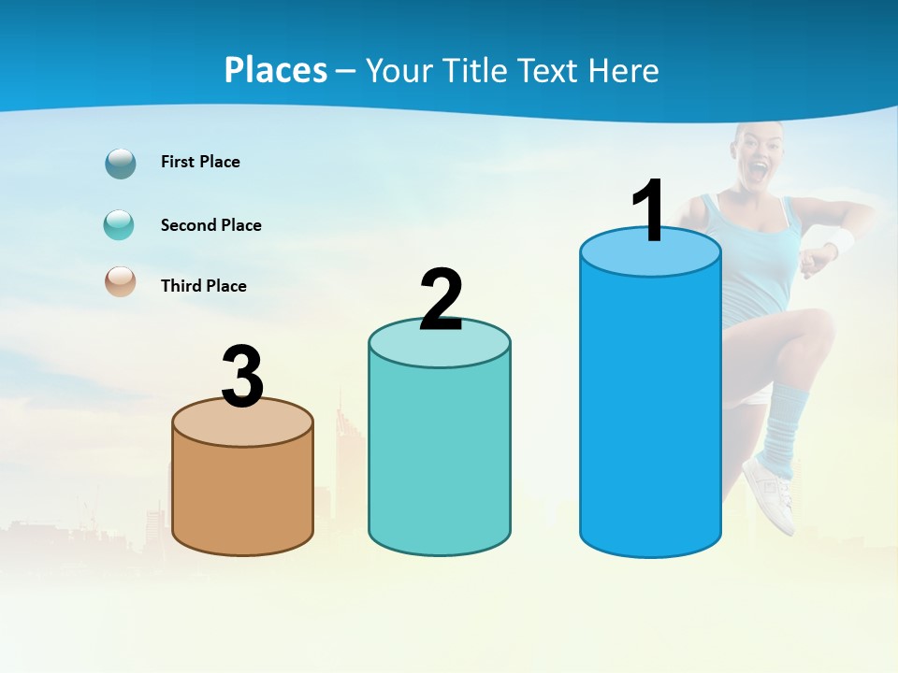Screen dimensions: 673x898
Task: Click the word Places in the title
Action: point(276,70)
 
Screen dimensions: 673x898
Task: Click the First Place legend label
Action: point(200,162)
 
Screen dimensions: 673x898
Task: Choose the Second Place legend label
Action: point(210,225)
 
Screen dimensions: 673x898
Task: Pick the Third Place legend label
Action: point(203,286)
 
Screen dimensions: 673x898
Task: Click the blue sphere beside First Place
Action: point(121,164)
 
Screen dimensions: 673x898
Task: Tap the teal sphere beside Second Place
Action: point(120,225)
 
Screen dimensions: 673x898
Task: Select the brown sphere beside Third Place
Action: point(121,282)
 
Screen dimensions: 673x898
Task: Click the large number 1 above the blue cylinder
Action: point(649,211)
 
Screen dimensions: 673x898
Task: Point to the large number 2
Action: point(441,300)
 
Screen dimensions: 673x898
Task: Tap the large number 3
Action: point(242,378)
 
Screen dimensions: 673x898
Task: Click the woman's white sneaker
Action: point(771,491)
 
